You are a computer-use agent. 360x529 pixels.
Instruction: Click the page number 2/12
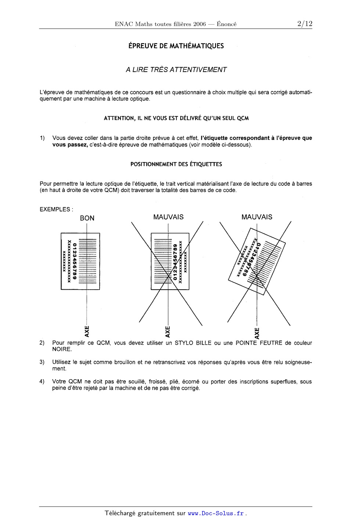(x=305, y=24)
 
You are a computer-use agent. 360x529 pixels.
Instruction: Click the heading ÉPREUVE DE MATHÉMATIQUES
(x=176, y=46)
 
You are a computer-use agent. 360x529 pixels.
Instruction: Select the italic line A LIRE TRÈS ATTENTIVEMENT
(x=176, y=69)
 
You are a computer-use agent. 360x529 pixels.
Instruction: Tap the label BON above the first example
(x=87, y=218)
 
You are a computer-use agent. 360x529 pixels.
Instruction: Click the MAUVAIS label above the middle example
(x=168, y=217)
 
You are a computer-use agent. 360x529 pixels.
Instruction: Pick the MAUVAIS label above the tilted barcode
(x=257, y=217)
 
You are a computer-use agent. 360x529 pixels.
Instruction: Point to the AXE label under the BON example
(x=87, y=331)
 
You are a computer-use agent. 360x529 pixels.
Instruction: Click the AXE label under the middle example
(x=168, y=331)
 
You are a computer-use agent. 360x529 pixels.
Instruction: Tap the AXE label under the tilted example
(x=257, y=333)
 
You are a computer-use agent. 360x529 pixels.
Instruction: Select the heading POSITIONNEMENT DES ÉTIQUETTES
(x=176, y=164)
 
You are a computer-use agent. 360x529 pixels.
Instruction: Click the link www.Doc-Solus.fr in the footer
(x=216, y=513)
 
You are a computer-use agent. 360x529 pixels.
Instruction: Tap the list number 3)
(x=42, y=362)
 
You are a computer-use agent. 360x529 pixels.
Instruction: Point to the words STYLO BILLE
(x=193, y=343)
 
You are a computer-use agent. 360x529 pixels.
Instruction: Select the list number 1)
(x=42, y=138)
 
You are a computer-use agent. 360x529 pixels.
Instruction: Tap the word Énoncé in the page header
(x=227, y=24)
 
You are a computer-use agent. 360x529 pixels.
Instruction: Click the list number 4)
(x=42, y=381)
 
